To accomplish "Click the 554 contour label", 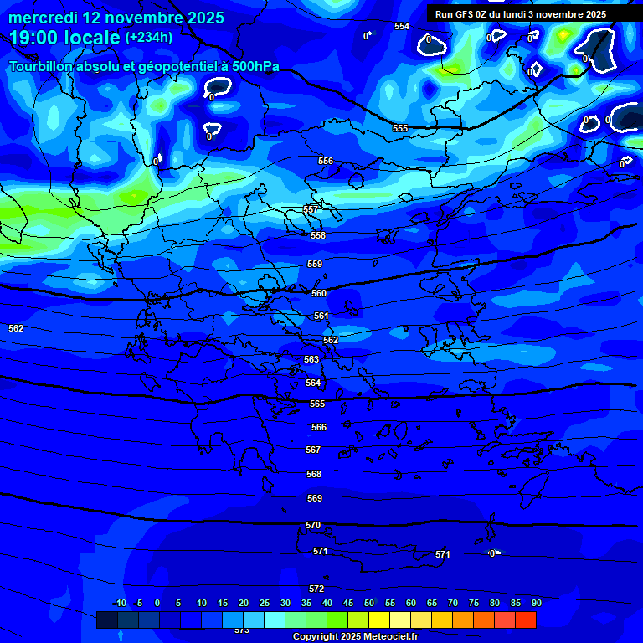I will click(x=402, y=27).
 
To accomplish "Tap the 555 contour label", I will click(x=400, y=128).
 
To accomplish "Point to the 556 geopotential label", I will click(x=326, y=161).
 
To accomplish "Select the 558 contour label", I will click(x=318, y=236).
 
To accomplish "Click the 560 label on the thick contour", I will click(x=319, y=294).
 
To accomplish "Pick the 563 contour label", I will click(x=311, y=359).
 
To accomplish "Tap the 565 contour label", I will click(x=317, y=404).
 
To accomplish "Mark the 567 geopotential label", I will click(x=313, y=450).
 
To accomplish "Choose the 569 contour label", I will click(x=315, y=498).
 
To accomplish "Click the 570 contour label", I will click(x=313, y=525).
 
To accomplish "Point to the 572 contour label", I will click(x=316, y=589).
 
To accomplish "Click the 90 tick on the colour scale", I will click(x=536, y=604).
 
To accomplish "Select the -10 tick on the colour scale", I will click(x=120, y=604).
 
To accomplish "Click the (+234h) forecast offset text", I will click(x=148, y=37).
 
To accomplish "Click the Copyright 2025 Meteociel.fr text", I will click(x=355, y=637).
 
